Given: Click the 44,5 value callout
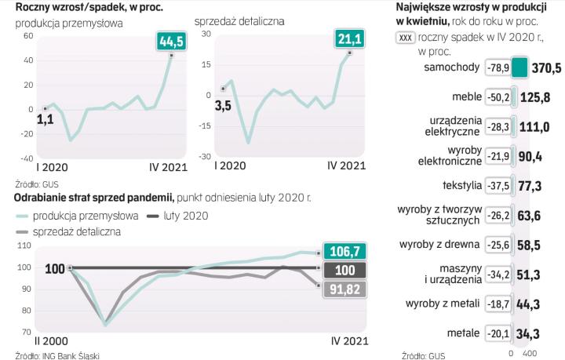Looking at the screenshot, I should (171, 41).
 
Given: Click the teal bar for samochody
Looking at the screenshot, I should (519, 67).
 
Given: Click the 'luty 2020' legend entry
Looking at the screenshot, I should (185, 215).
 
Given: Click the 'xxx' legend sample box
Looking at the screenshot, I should (406, 37).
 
